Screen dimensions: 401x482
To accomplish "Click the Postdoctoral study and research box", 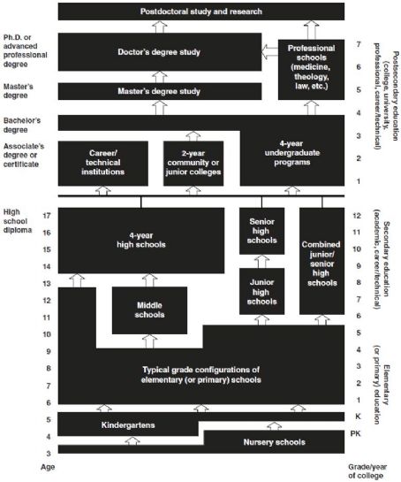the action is click(x=201, y=11).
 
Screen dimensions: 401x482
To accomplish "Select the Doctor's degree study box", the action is click(x=160, y=52).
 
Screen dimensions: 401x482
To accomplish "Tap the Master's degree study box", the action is click(x=160, y=91).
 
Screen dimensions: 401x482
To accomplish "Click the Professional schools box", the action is click(x=311, y=70).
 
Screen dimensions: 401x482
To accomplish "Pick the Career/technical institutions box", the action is click(x=102, y=164).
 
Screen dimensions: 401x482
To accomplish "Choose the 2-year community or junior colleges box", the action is click(x=193, y=164).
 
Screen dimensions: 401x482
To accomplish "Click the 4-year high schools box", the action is click(x=141, y=241).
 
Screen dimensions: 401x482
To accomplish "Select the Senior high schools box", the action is click(x=261, y=231).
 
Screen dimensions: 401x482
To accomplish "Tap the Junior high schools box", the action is click(x=261, y=292).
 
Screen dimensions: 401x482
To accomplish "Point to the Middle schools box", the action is click(x=149, y=310).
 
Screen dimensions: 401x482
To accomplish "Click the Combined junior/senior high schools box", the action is click(x=322, y=261).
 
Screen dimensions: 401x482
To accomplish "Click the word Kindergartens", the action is click(x=128, y=425).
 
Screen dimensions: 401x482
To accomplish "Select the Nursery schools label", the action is click(x=274, y=442).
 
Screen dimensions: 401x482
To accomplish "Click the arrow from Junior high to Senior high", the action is click(x=261, y=261).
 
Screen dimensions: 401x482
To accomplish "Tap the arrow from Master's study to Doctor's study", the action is click(x=160, y=77).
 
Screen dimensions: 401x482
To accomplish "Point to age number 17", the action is click(x=47, y=216).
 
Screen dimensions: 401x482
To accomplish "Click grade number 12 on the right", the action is click(x=357, y=216).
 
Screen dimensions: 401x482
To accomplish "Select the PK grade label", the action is click(x=356, y=433).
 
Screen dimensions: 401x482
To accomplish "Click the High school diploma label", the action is click(x=18, y=221).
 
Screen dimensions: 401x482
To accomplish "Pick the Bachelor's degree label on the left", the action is click(x=22, y=125).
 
